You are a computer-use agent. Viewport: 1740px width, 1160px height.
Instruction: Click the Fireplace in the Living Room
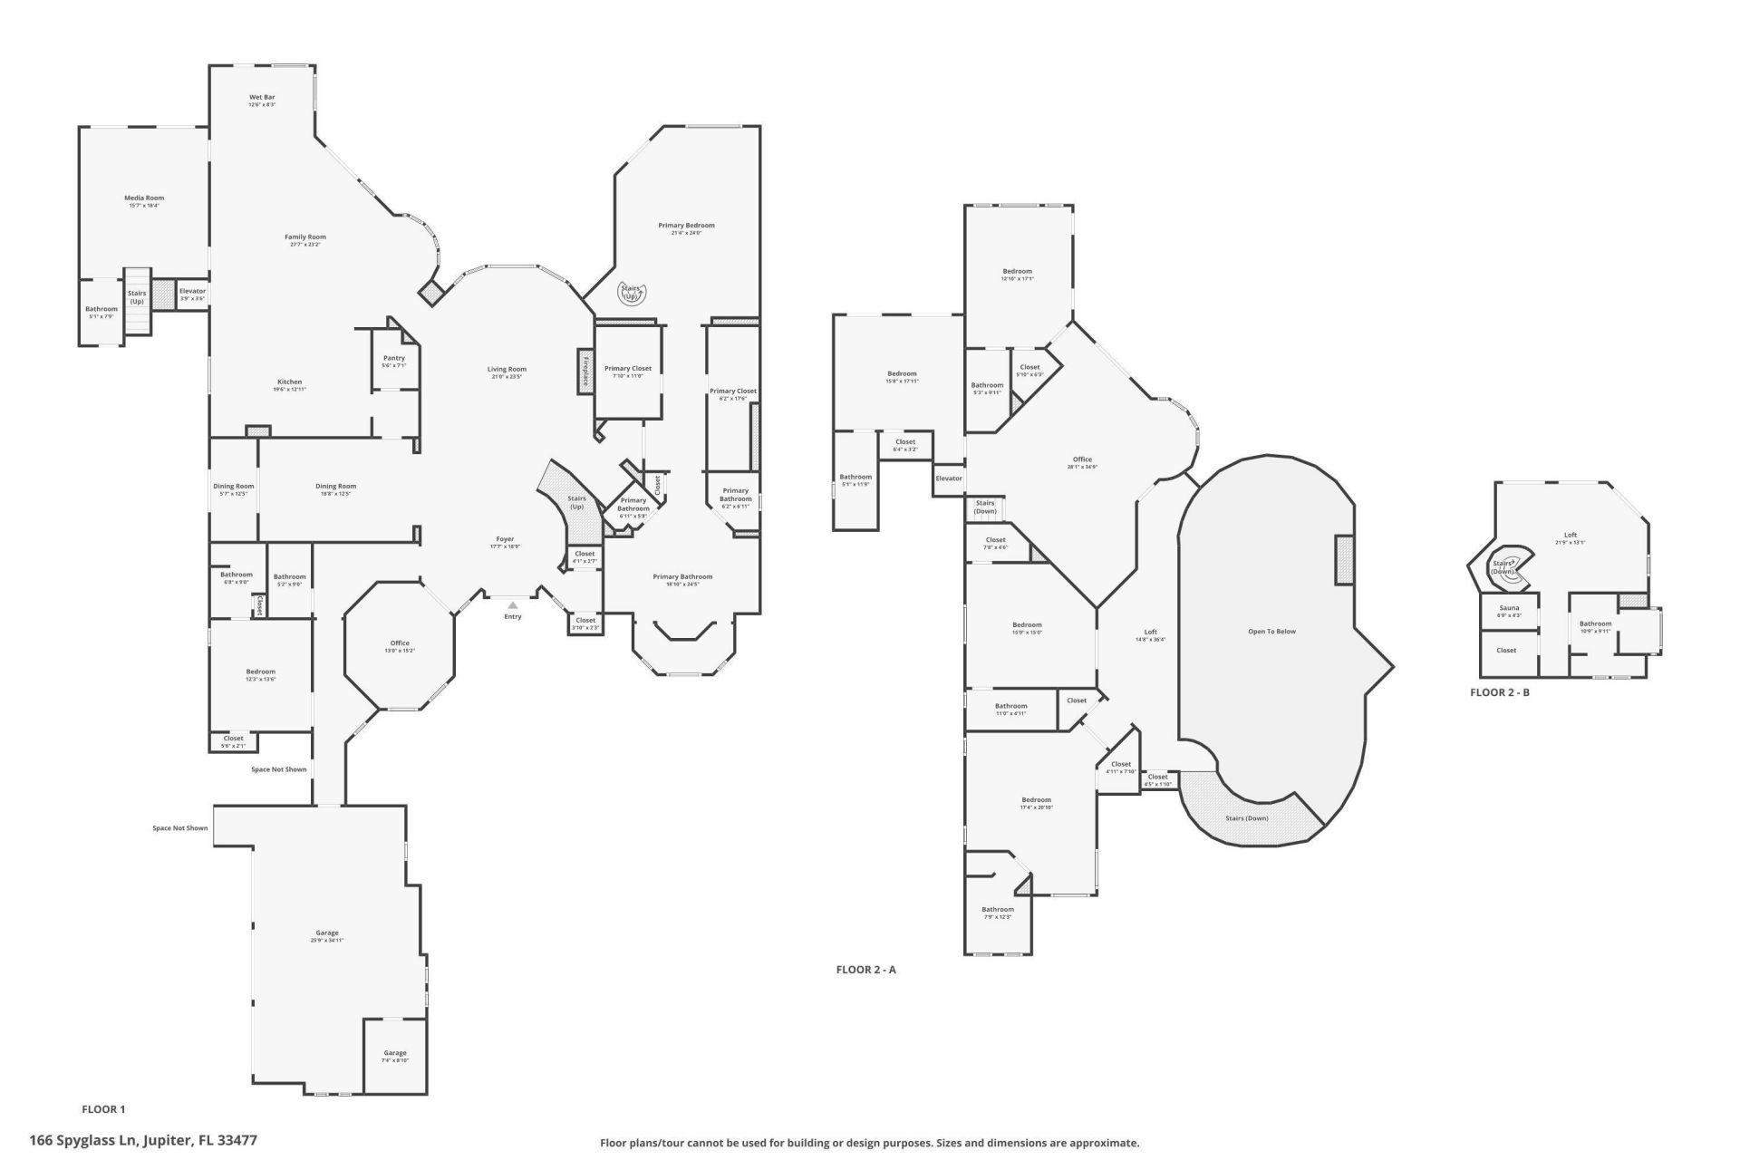click(x=585, y=372)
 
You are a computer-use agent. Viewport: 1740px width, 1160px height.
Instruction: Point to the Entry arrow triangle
click(x=513, y=604)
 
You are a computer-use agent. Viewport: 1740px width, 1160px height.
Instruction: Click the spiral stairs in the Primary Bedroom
click(x=631, y=293)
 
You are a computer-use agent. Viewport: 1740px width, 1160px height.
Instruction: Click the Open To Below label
click(x=1271, y=632)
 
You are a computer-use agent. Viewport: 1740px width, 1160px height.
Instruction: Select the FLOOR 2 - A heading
click(x=865, y=970)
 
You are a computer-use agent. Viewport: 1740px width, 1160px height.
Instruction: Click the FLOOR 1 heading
click(x=103, y=1109)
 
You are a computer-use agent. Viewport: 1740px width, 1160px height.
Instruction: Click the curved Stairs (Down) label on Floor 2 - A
click(x=1246, y=818)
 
